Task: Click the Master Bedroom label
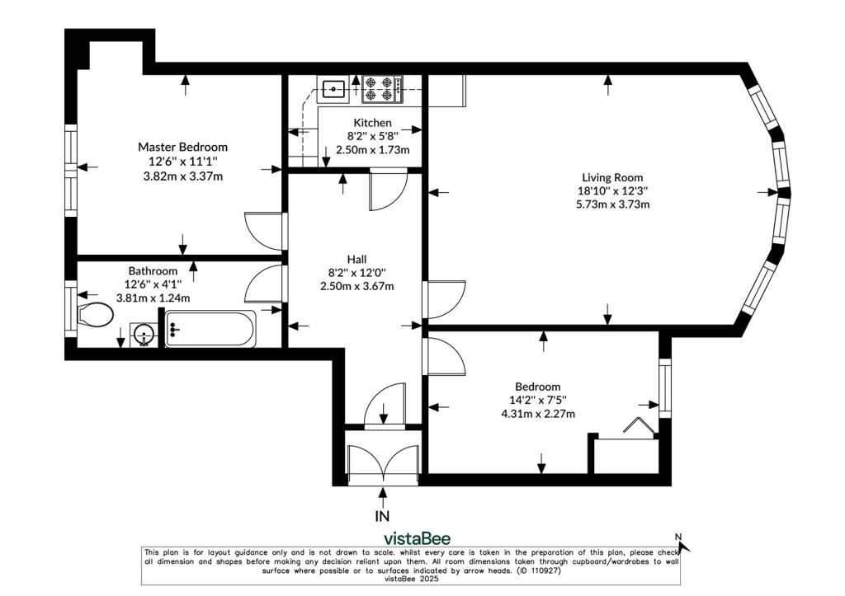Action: (x=182, y=147)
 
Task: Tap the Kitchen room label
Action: (x=372, y=123)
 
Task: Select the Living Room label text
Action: (x=612, y=177)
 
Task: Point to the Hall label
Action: (x=356, y=259)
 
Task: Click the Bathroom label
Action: (x=153, y=271)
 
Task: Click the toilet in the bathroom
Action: (x=95, y=314)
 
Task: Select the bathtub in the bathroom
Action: (x=210, y=329)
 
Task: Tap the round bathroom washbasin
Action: (x=144, y=335)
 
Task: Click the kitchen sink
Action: (x=334, y=89)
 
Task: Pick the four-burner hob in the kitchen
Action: (x=381, y=89)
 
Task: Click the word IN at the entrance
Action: (x=382, y=516)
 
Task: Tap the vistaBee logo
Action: (x=417, y=538)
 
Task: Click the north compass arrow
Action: (x=683, y=544)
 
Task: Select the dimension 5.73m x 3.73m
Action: (x=612, y=204)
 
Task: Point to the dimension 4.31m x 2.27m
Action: (x=538, y=414)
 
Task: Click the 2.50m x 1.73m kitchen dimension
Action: (x=372, y=150)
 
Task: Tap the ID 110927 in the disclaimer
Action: (x=538, y=570)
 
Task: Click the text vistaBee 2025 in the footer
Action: (x=411, y=580)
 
